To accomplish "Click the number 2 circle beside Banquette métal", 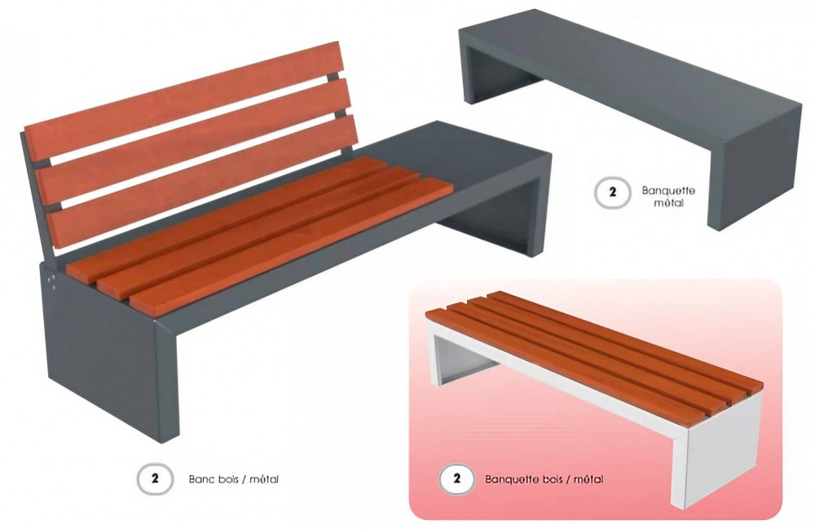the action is click(x=612, y=192).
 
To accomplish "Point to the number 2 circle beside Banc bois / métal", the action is click(x=154, y=478).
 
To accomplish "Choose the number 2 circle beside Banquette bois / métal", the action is click(x=456, y=478).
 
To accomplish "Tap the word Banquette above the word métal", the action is click(x=668, y=191).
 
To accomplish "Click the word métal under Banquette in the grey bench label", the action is click(x=668, y=203).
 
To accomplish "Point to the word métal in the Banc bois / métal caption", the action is click(x=264, y=479).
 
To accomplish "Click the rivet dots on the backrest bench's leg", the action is click(x=52, y=280).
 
